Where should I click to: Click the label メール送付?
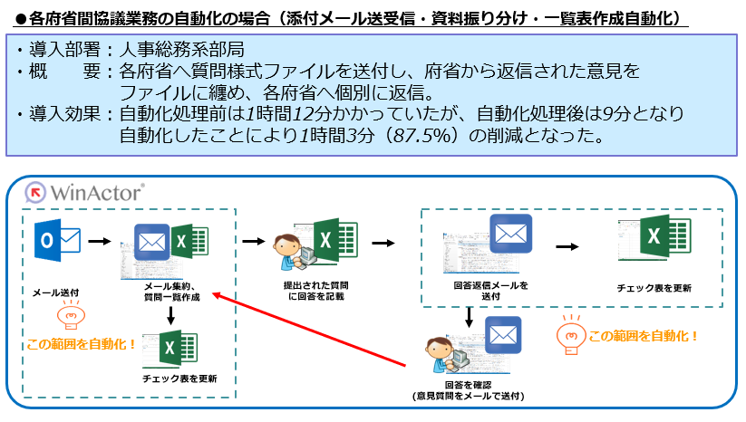pyautogui.click(x=56, y=292)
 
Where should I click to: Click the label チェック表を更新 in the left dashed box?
pyautogui.click(x=179, y=379)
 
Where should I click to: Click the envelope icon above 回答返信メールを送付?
pyautogui.click(x=509, y=235)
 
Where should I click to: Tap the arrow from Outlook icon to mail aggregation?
pyautogui.click(x=100, y=243)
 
